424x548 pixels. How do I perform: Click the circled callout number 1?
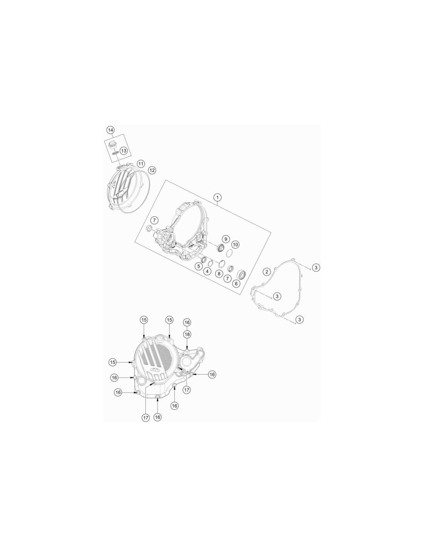[x=217, y=197]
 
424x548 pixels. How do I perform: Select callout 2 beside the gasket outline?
[x=267, y=272]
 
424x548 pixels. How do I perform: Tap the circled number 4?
[x=207, y=271]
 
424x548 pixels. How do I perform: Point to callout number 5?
[x=199, y=266]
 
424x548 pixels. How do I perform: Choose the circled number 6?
[x=236, y=284]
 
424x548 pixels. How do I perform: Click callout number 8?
[x=219, y=273]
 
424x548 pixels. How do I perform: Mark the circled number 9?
[x=226, y=239]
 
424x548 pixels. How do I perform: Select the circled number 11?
[x=141, y=164]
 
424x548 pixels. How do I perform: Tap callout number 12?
[x=152, y=170]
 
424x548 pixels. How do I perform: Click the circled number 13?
[x=123, y=151]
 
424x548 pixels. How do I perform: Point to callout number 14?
[x=110, y=130]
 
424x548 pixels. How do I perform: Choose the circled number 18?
[x=187, y=335]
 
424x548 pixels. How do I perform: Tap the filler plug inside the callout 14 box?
[x=111, y=145]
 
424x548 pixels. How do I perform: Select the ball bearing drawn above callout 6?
[x=241, y=274]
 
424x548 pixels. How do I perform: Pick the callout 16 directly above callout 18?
[x=187, y=322]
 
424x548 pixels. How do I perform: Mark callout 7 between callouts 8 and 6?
[x=227, y=278]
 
